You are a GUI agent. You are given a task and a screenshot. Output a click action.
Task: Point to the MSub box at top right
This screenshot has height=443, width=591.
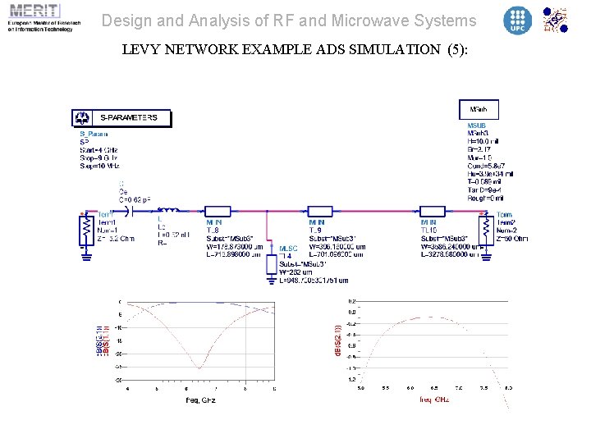click(x=479, y=109)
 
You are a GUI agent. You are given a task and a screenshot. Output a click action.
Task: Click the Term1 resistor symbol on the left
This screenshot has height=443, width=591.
click(x=85, y=230)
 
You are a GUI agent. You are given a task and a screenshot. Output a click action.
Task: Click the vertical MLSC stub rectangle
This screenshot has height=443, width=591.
click(x=272, y=262)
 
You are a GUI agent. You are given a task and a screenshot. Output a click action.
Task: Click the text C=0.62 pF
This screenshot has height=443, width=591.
click(x=135, y=199)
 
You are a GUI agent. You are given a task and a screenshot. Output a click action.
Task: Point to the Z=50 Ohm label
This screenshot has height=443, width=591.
click(x=512, y=239)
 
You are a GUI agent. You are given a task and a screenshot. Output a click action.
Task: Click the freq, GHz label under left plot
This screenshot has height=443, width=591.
click(x=200, y=400)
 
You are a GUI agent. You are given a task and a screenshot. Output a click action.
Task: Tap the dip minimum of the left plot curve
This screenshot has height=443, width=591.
click(x=200, y=367)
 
